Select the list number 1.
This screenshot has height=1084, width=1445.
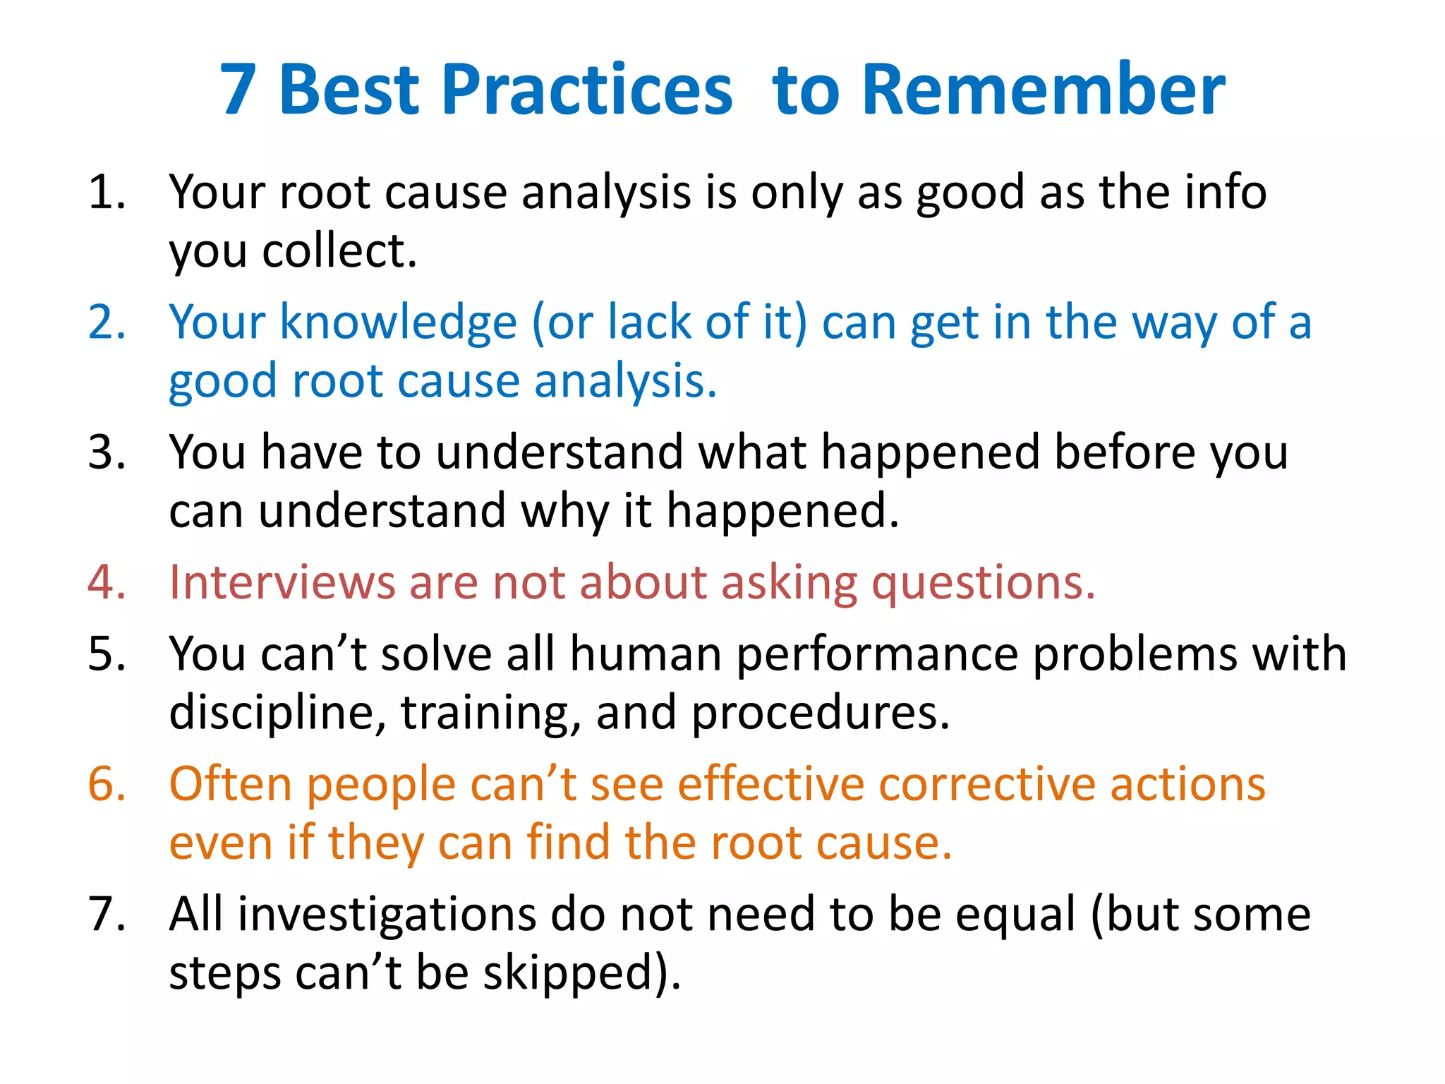(106, 192)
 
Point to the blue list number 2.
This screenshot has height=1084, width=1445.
(106, 323)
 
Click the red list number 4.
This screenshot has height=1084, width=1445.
(106, 583)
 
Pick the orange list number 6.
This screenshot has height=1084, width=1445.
(106, 784)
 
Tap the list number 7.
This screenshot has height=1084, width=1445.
(106, 915)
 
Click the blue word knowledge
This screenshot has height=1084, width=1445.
(399, 323)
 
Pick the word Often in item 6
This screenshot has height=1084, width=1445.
(230, 784)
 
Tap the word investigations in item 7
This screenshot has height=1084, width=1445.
(386, 915)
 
